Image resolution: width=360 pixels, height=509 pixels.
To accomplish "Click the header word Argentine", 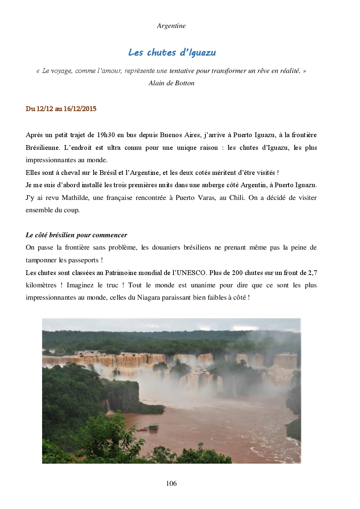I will point(171,26).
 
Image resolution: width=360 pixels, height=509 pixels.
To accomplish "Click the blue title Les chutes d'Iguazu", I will point(172,53).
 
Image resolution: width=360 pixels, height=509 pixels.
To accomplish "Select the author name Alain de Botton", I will point(171,83).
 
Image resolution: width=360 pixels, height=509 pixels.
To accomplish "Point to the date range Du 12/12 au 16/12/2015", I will point(61,109).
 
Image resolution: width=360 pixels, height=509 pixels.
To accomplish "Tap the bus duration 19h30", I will point(106,135).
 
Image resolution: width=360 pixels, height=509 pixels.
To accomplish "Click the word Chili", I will point(237,198).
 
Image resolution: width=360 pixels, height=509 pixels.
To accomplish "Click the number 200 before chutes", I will point(237,273).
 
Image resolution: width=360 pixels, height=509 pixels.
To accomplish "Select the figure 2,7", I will point(312,273).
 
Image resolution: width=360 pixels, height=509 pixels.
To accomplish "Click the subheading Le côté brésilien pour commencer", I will point(77,235).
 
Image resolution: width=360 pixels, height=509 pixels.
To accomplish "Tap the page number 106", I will point(171,483).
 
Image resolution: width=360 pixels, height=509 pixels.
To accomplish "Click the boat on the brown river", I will point(153,426).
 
